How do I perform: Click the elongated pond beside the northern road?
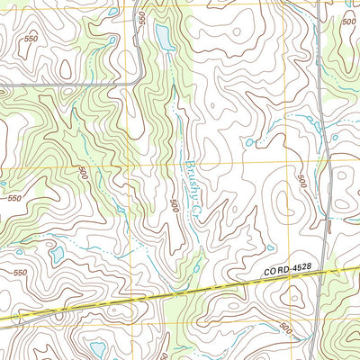click(x=162, y=37)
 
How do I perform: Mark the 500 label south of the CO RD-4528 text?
click(x=285, y=326)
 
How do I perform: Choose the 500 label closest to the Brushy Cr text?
click(x=174, y=205)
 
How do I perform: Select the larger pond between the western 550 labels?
click(x=56, y=255)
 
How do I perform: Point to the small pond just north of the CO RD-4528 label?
click(x=269, y=247)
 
